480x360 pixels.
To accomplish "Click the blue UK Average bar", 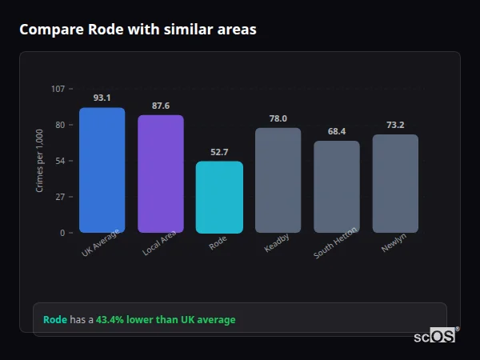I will [102, 170].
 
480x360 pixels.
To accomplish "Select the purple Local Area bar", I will [161, 174].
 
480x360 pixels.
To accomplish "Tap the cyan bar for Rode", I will [219, 197].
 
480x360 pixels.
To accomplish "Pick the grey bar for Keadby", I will [278, 180].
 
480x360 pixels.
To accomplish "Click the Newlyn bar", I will [395, 183].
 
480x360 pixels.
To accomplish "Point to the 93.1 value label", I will [102, 98].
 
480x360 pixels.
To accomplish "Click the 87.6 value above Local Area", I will [161, 106].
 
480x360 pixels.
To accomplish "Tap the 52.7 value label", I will [219, 152].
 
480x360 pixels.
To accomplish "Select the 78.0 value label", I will [278, 118].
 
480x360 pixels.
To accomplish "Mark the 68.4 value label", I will [336, 131].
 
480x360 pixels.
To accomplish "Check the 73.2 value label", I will [395, 125].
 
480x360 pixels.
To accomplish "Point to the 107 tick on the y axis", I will [58, 89].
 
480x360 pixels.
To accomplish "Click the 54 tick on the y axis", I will [60, 161].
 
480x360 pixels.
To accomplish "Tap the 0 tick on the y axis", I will [62, 233].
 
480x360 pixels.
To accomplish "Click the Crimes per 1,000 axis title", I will [40, 161].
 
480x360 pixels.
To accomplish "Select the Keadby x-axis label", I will [277, 242].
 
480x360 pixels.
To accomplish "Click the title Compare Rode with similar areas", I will [138, 30].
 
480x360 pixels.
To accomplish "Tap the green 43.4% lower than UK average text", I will [166, 320].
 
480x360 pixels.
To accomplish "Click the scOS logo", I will [435, 336].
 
